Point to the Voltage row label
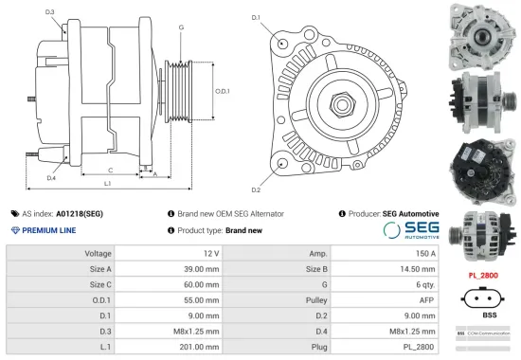(99, 254)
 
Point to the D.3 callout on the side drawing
(49, 12)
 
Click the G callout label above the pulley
(181, 27)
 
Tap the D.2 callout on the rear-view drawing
(256, 177)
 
